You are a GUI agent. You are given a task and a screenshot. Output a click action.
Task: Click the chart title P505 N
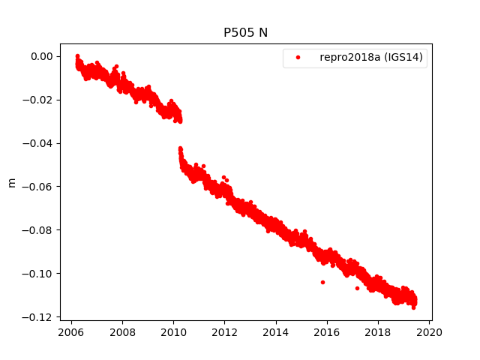click(245, 32)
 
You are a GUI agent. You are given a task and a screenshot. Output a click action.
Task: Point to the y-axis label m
click(11, 182)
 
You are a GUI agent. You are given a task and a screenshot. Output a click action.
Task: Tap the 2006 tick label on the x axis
click(70, 333)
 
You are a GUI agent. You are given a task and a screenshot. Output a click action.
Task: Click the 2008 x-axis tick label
click(122, 333)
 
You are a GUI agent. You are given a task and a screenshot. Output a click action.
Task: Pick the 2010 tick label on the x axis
click(173, 333)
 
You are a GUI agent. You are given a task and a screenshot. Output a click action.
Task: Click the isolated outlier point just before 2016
click(322, 282)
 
